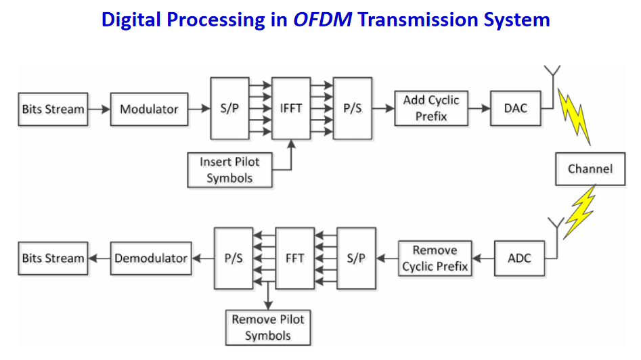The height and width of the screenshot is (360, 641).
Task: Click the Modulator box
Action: click(149, 109)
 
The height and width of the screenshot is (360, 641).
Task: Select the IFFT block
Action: click(291, 108)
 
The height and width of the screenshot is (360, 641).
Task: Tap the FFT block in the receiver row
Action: click(294, 258)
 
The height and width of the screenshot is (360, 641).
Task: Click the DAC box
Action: click(516, 108)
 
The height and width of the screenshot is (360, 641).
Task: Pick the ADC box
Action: click(520, 258)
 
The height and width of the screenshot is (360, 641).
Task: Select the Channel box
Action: click(590, 169)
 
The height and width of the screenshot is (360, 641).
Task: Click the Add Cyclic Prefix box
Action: click(431, 108)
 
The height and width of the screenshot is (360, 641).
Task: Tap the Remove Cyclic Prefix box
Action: click(435, 258)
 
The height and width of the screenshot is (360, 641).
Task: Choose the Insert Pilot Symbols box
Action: click(229, 170)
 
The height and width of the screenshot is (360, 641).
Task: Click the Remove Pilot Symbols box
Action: click(268, 328)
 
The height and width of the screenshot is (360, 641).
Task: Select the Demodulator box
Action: click(151, 258)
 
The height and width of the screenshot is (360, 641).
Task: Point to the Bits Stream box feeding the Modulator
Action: click(53, 109)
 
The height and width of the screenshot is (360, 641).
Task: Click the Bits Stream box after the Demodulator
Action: click(53, 258)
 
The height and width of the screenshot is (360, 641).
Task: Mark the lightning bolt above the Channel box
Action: click(575, 116)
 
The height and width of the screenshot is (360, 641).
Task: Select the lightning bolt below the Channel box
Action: click(579, 212)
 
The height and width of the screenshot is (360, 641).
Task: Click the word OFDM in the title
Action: click(323, 19)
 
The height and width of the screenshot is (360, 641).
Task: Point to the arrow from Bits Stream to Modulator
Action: click(100, 109)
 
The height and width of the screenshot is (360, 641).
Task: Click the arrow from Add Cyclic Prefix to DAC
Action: click(479, 108)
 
